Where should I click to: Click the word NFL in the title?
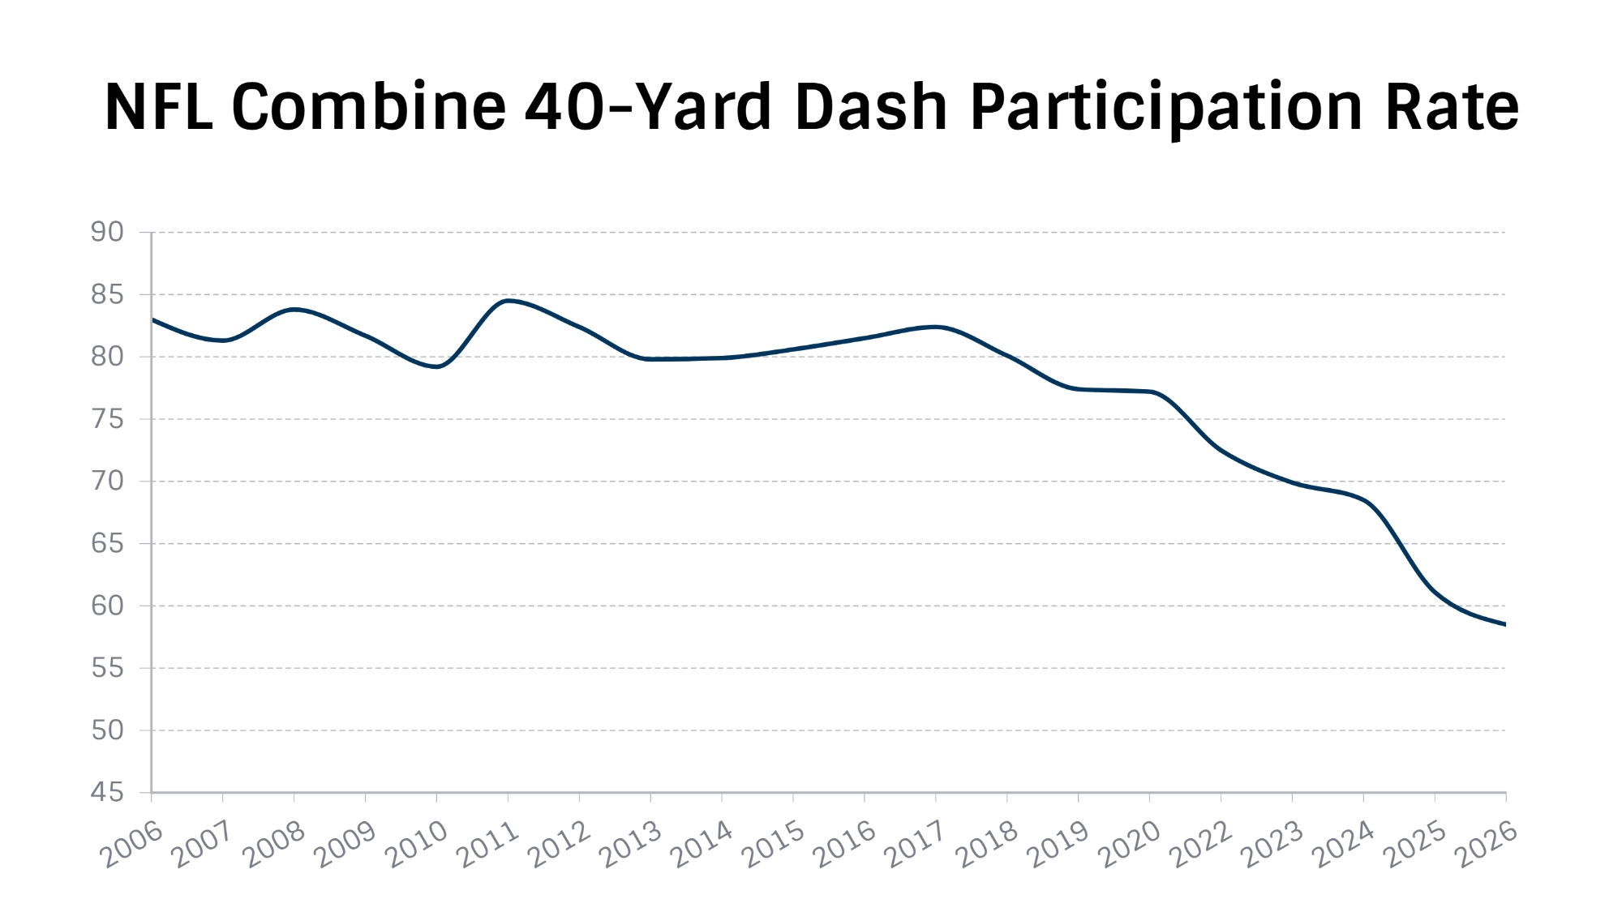[x=159, y=107]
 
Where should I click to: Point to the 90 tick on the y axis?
[x=107, y=233]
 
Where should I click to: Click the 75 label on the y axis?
[x=107, y=419]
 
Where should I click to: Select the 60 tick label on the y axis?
[x=107, y=606]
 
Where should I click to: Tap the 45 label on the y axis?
[x=107, y=792]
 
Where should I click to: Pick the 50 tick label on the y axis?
[x=107, y=730]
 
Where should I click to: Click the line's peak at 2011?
[x=508, y=301]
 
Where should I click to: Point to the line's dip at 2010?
[x=437, y=366]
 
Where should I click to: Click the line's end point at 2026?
[x=1505, y=624]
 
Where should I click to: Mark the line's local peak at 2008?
[x=294, y=309]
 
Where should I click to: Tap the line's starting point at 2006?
[x=152, y=319]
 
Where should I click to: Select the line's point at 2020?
[x=1150, y=392]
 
